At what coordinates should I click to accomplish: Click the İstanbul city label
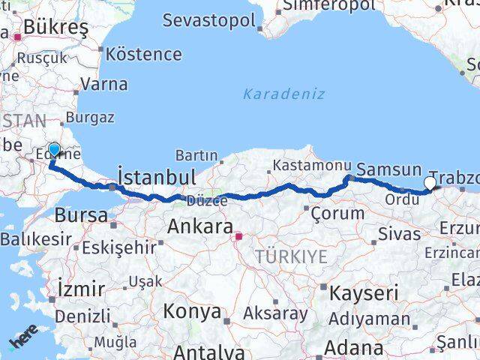[x=157, y=178]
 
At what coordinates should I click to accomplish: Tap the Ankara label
[x=199, y=226]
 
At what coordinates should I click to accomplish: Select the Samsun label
[x=388, y=170]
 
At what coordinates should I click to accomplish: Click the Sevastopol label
[x=209, y=20]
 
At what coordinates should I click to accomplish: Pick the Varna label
[x=104, y=83]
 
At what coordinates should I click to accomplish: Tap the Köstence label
[x=144, y=54]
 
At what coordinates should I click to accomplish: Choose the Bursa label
[x=81, y=215]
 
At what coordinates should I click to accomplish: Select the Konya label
[x=193, y=311]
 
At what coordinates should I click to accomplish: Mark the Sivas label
[x=400, y=233]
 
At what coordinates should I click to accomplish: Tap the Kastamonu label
[x=312, y=165]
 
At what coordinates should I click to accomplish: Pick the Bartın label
[x=196, y=155]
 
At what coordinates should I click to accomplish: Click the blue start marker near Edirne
[x=54, y=149]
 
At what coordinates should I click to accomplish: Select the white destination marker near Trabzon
[x=430, y=182]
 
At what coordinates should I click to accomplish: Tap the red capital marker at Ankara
[x=239, y=238]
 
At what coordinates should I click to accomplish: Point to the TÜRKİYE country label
[x=291, y=257]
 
